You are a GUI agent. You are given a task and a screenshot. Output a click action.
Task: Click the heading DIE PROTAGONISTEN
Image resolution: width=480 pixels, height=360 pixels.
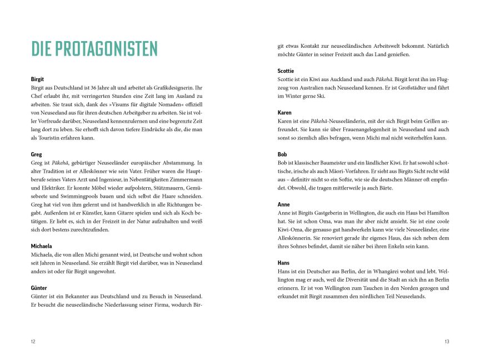[94, 49]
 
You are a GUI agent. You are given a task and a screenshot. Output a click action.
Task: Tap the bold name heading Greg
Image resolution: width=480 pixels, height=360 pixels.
[37, 154]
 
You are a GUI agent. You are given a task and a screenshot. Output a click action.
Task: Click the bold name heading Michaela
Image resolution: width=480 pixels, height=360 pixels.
[42, 246]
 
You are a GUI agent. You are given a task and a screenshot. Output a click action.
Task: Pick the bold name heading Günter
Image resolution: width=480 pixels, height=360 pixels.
[39, 288]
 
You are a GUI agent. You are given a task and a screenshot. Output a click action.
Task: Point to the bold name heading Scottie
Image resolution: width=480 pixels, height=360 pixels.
[287, 71]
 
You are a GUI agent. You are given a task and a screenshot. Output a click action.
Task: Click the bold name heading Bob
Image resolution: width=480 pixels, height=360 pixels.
[282, 154]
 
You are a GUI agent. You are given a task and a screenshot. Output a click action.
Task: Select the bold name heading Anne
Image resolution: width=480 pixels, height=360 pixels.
[283, 204]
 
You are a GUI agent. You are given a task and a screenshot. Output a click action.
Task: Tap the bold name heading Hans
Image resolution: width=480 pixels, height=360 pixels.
[284, 263]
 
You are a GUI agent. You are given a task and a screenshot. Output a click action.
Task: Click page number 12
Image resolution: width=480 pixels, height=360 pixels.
[33, 342]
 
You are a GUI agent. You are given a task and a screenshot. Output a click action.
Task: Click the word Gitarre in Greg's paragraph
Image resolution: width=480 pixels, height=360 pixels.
[122, 213]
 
